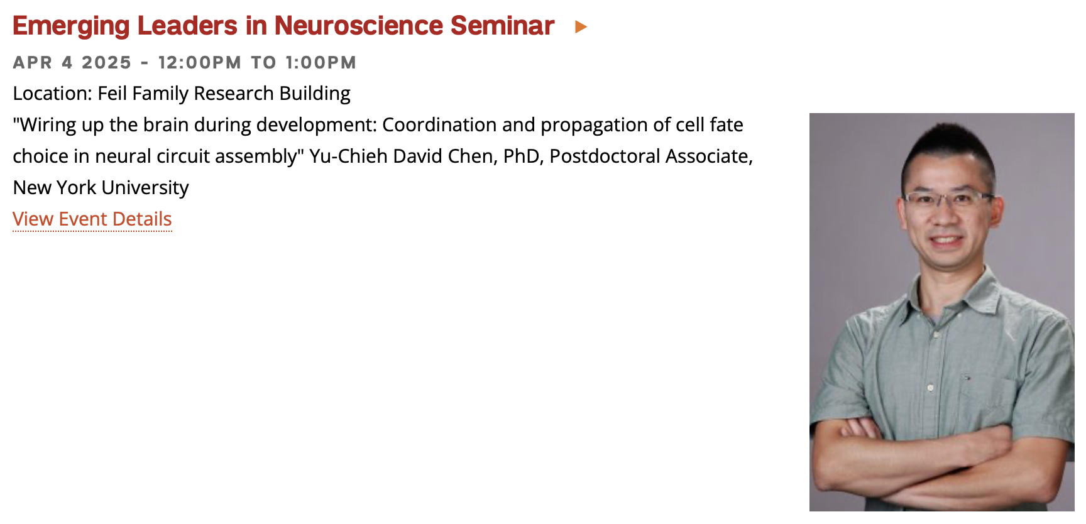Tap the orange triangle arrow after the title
pos(581,27)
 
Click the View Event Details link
pos(92,219)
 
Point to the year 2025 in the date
pos(107,63)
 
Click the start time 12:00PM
pos(200,63)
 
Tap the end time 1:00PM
pos(321,63)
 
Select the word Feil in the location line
pos(112,93)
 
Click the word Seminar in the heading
pos(502,26)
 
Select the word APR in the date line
pos(33,63)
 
